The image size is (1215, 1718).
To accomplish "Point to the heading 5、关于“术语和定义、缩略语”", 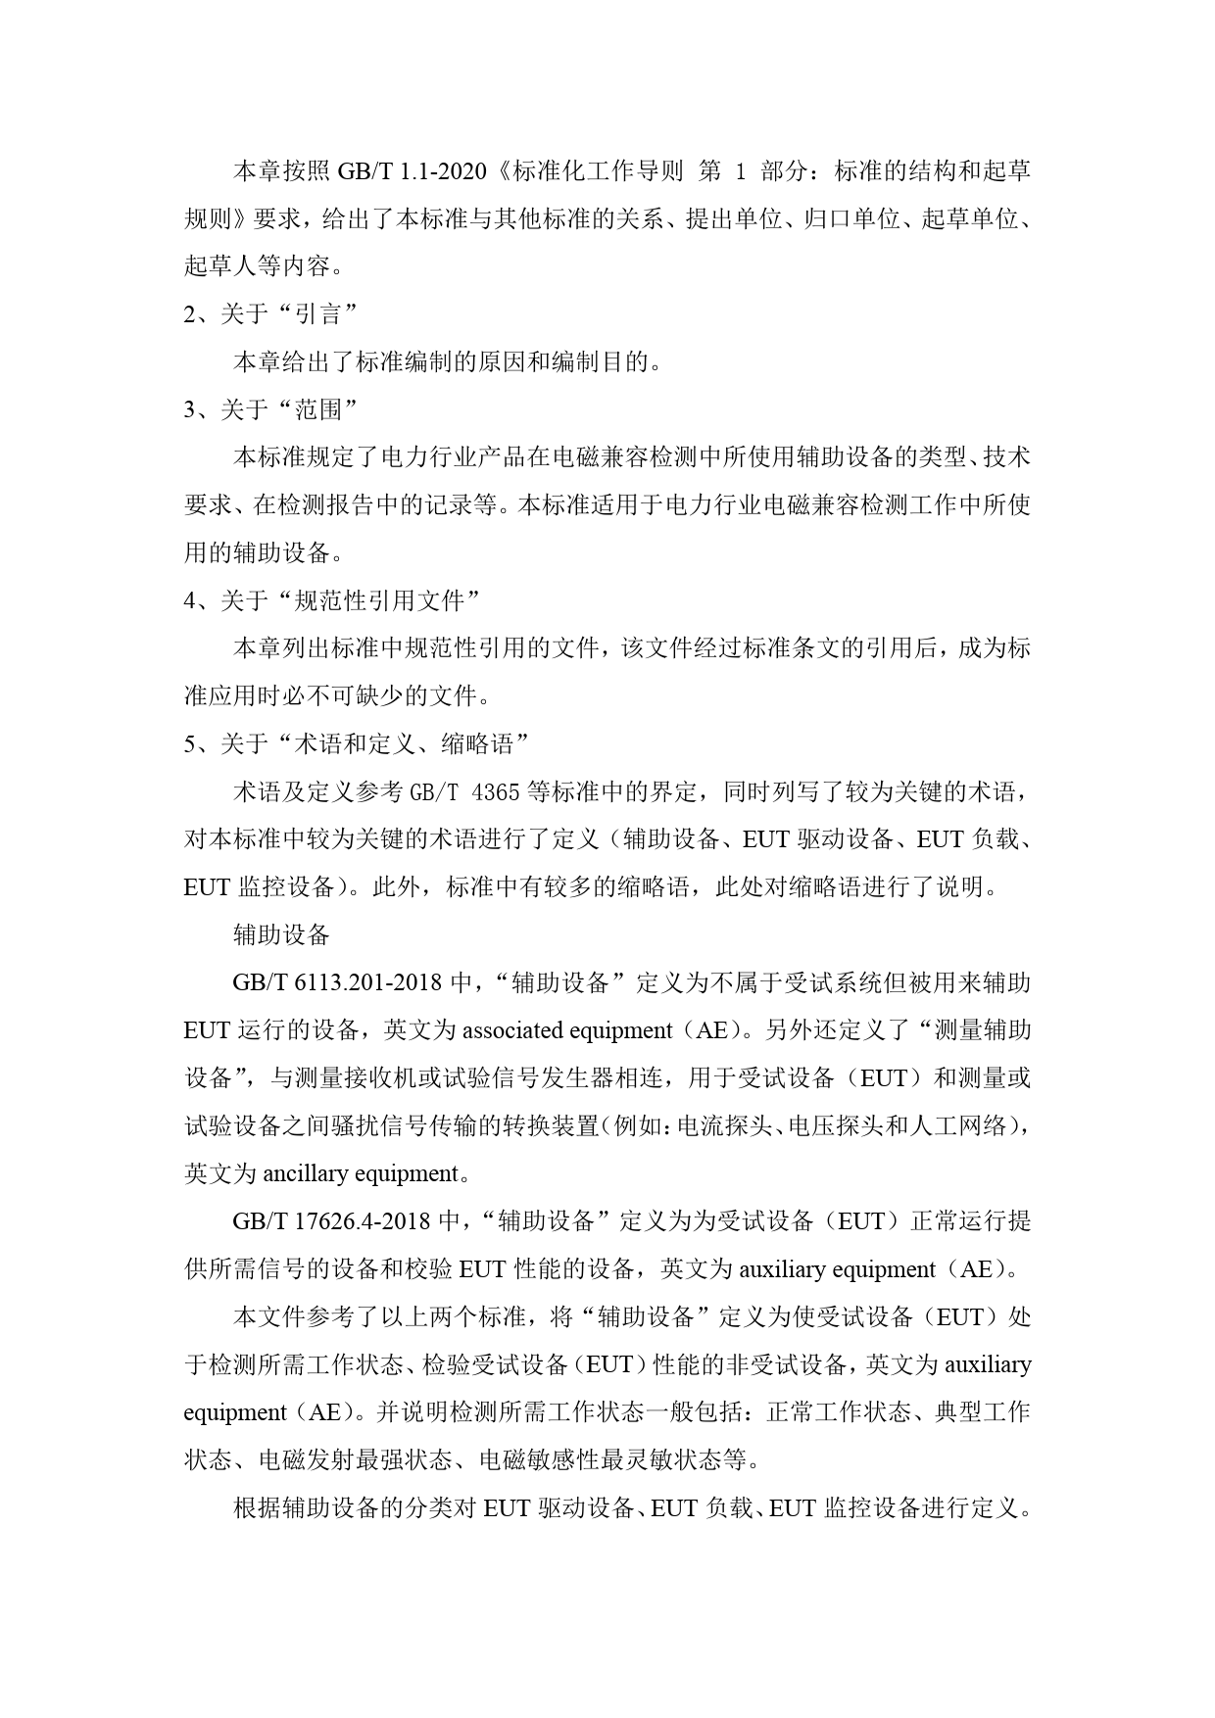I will [357, 744].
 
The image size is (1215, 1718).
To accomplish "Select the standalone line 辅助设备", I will [281, 934].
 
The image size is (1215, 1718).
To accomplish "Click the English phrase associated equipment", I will [567, 1030].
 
